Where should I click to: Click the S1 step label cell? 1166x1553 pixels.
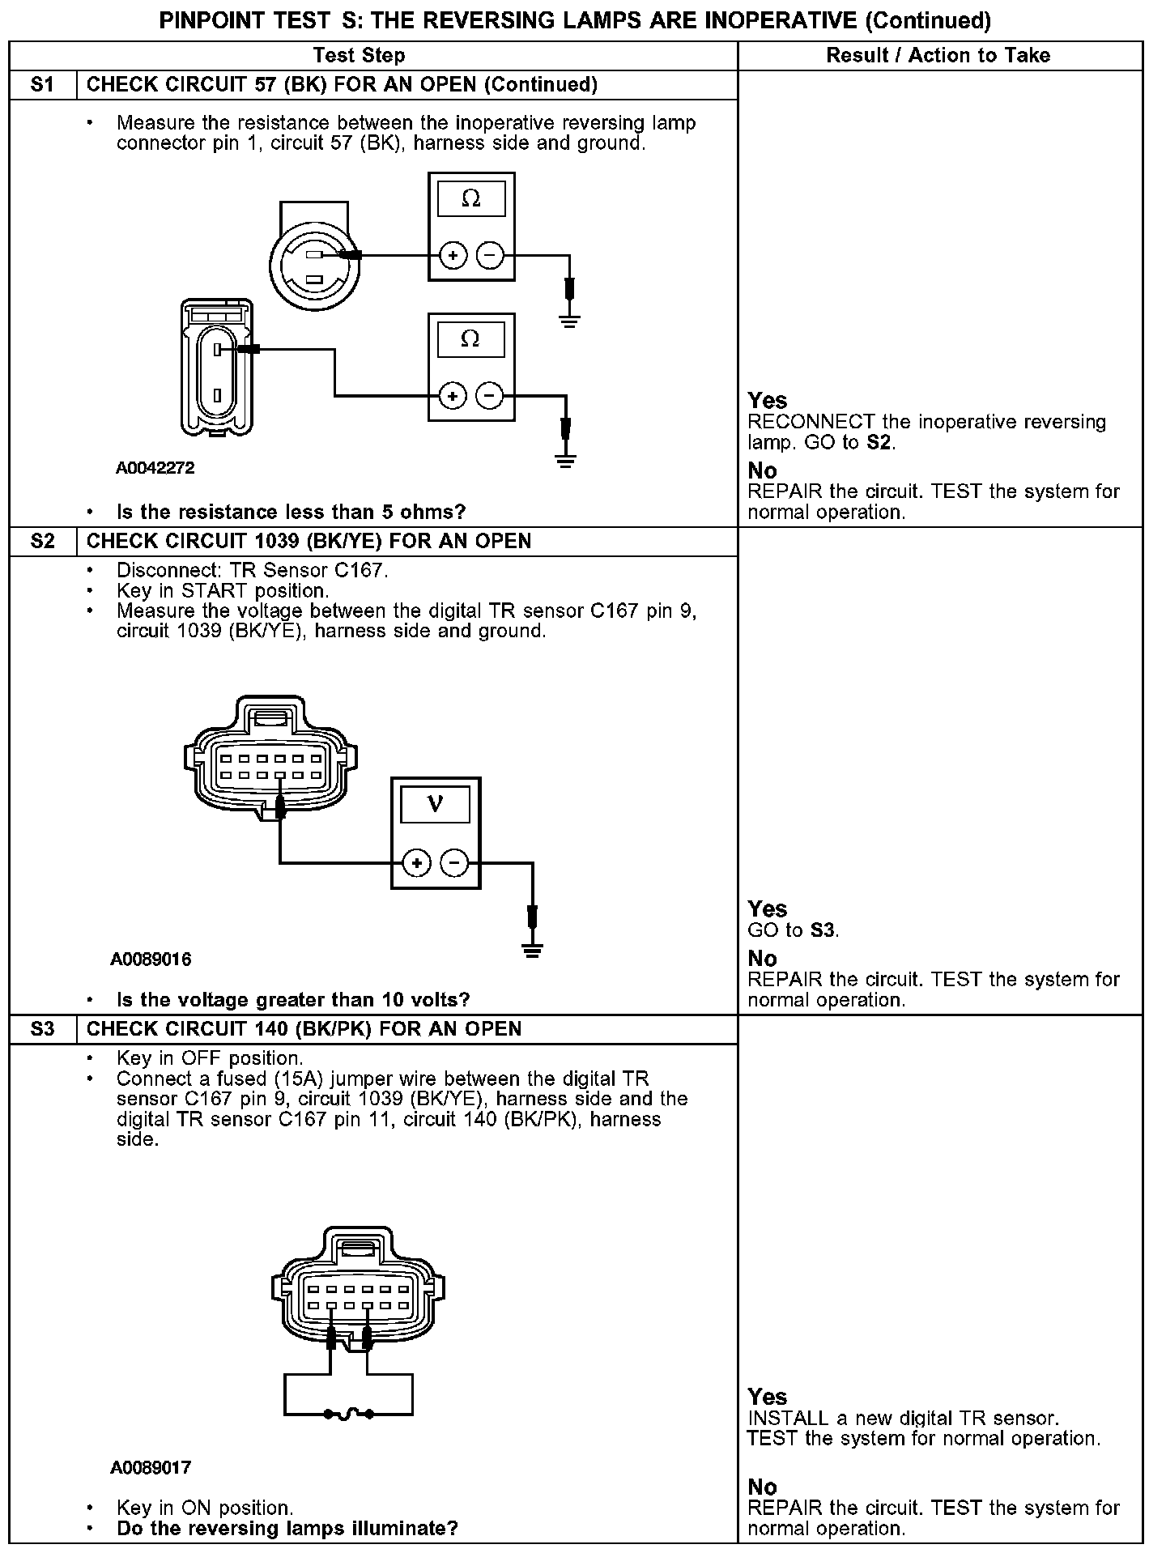pyautogui.click(x=42, y=85)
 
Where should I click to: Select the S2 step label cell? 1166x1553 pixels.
pyautogui.click(x=42, y=542)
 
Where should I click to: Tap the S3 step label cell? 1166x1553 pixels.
pyautogui.click(x=42, y=1029)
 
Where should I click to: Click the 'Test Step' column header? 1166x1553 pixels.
pyautogui.click(x=359, y=56)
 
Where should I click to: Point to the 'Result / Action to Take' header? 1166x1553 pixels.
pyautogui.click(x=938, y=56)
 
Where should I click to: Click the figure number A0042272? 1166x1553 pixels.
pyautogui.click(x=155, y=468)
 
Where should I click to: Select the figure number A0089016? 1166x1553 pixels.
pyautogui.click(x=151, y=959)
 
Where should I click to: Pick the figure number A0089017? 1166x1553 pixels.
pyautogui.click(x=151, y=1467)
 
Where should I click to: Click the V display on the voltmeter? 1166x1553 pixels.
pyautogui.click(x=436, y=804)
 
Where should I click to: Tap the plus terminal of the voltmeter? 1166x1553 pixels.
pyautogui.click(x=416, y=863)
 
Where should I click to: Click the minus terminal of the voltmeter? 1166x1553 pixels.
pyautogui.click(x=454, y=863)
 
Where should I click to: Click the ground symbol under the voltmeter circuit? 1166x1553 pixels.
pyautogui.click(x=532, y=950)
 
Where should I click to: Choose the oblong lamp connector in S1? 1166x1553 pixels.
pyautogui.click(x=217, y=368)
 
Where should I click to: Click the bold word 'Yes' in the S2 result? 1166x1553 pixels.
pyautogui.click(x=767, y=909)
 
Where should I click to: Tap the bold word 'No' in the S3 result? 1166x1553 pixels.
pyautogui.click(x=762, y=1487)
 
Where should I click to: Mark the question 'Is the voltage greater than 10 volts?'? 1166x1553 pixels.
pyautogui.click(x=293, y=1000)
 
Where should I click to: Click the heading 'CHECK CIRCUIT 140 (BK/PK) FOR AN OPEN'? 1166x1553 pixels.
pyautogui.click(x=304, y=1029)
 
